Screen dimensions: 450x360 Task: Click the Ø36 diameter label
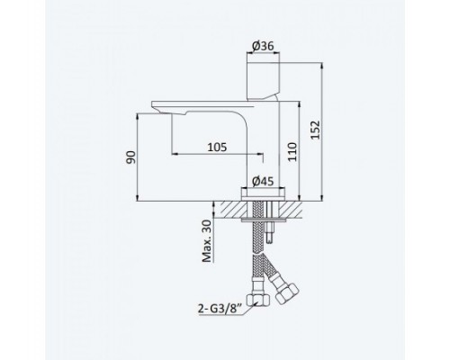[263, 46]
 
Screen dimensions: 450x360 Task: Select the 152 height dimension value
[316, 130]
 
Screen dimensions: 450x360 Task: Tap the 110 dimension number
[292, 152]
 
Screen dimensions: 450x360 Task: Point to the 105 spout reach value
[217, 148]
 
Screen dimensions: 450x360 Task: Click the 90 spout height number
[130, 157]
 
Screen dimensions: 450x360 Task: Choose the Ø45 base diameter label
[263, 181]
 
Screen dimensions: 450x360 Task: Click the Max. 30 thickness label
[207, 241]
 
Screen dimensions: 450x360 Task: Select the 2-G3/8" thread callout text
[220, 309]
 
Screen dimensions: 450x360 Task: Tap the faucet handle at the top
[263, 81]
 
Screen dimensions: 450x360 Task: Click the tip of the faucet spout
[153, 104]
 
